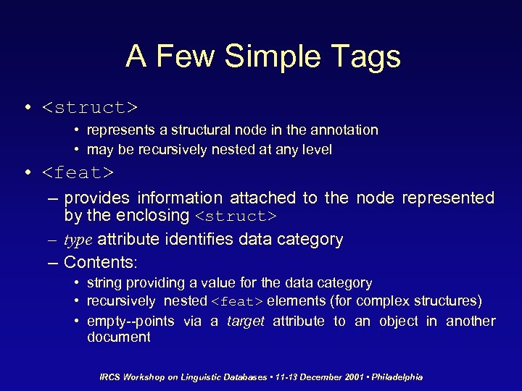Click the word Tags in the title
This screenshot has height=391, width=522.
click(x=367, y=56)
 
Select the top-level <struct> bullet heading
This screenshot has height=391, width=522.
click(x=89, y=108)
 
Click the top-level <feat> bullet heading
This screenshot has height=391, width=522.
click(x=78, y=173)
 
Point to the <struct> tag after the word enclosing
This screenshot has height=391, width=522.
click(x=236, y=216)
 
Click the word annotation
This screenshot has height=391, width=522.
click(x=344, y=130)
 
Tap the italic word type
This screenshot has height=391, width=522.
click(x=78, y=240)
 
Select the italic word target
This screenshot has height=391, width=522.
click(x=246, y=321)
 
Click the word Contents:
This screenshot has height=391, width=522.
click(x=101, y=261)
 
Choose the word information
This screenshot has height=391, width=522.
click(x=180, y=198)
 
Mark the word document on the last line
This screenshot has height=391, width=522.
click(x=118, y=337)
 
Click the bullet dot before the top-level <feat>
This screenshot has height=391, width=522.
click(x=28, y=173)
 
